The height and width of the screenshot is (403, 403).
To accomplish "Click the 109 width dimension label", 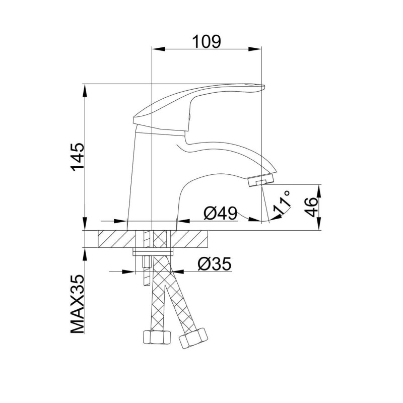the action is pyautogui.click(x=207, y=41).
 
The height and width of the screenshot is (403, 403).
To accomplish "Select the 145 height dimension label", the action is pyautogui.click(x=78, y=157).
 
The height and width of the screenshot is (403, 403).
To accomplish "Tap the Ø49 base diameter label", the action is pyautogui.click(x=220, y=213).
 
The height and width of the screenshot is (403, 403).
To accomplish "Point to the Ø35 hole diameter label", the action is pyautogui.click(x=215, y=263).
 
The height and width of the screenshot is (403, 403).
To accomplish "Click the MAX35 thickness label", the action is pyautogui.click(x=78, y=304).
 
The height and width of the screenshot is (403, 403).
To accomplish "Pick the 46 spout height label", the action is pyautogui.click(x=311, y=207).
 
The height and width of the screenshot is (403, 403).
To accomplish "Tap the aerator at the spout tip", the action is pyautogui.click(x=261, y=180).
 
